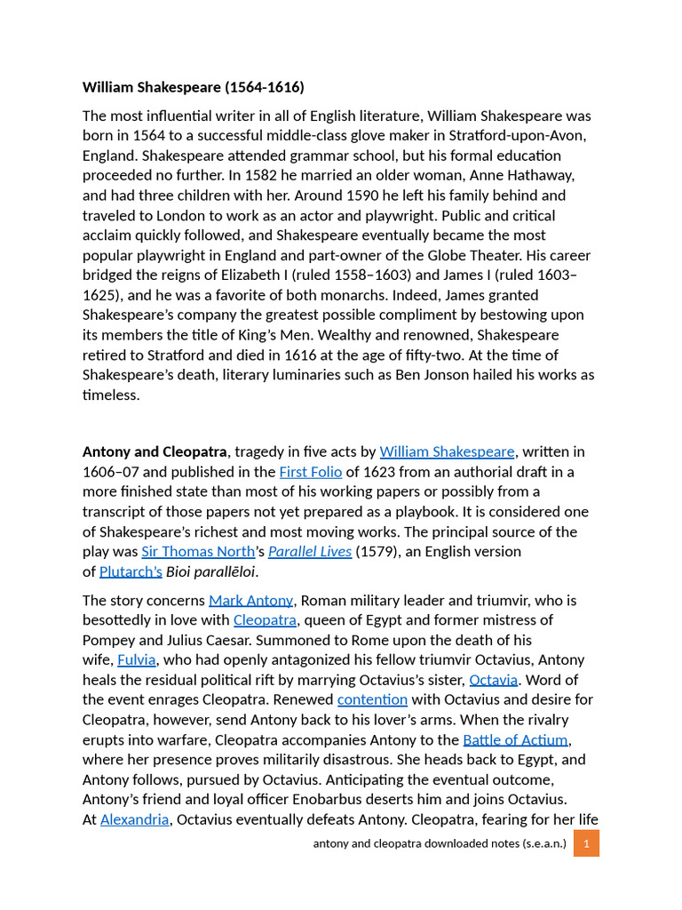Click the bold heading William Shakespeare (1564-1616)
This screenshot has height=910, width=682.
193,87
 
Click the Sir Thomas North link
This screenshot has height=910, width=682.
198,551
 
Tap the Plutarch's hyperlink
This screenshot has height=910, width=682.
131,571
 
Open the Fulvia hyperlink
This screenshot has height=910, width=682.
137,660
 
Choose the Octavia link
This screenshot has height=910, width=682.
493,680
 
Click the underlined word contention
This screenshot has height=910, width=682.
372,699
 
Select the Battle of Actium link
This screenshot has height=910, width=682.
516,739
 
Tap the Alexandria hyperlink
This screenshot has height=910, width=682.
134,819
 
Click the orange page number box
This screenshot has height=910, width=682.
586,843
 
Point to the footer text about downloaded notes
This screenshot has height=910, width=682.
439,843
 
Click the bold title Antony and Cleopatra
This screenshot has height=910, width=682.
155,452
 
